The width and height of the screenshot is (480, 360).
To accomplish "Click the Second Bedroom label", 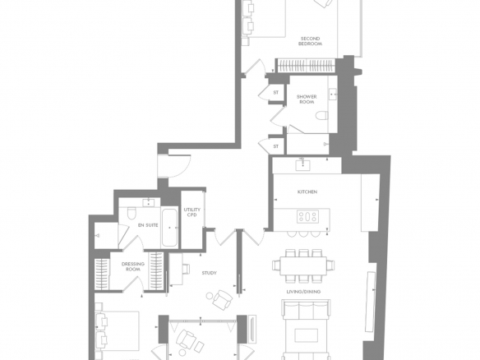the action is coord(310,41).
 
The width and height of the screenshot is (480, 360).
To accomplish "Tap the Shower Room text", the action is coord(307,99).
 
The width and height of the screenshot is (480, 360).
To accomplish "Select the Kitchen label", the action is coord(307,192).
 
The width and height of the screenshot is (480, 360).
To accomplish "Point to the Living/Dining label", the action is coord(303,292).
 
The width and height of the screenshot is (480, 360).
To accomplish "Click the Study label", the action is coord(210,273).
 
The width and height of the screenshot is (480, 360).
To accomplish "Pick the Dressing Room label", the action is coord(133,266).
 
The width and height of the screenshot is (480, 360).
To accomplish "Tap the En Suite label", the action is coord(148,225).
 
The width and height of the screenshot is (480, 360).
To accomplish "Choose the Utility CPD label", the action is coord(192,212).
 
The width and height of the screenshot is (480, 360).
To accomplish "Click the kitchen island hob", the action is coord(307,217).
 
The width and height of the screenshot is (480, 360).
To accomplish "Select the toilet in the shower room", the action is coord(321,115).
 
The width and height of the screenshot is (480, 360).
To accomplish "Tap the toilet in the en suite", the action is coord(132,214).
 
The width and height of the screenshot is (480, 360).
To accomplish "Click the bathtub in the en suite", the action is coord(169,228).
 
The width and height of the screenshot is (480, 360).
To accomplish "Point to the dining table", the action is coord(303,265).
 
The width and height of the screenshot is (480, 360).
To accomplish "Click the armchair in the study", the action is coord(222,300).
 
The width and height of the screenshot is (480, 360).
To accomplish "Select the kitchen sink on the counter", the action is coord(302,165).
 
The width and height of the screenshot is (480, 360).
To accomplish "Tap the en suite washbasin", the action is coord(149,203).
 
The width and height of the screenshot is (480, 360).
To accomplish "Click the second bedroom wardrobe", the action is coord(306,65).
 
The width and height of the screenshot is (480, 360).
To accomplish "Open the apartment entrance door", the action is coord(174,166).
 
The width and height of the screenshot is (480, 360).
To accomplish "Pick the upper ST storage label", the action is coord(276,92).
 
